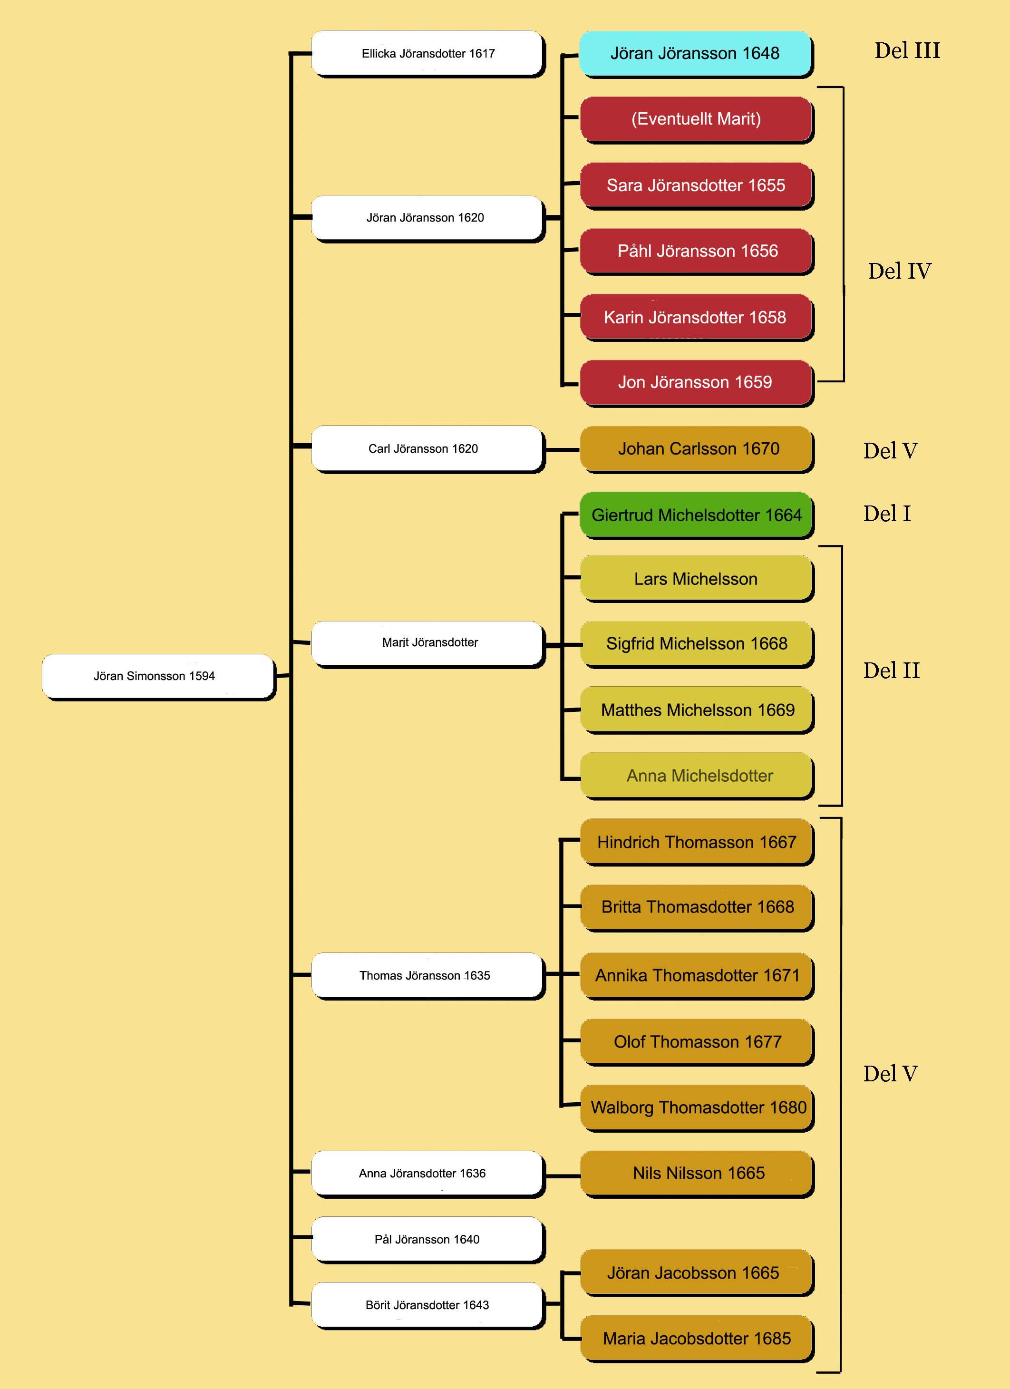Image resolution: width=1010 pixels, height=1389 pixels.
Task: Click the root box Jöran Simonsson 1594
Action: coord(158,676)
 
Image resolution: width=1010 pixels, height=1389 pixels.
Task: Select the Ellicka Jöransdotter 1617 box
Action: coord(427,53)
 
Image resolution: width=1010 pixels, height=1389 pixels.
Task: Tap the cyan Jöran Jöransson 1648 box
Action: coord(696,54)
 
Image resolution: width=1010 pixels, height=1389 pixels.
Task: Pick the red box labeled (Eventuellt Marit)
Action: coord(697,119)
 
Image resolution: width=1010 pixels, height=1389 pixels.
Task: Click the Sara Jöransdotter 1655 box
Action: coord(697,185)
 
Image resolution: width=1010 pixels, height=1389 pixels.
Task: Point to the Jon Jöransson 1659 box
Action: coord(697,383)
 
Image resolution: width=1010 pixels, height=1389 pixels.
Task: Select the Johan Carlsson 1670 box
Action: coord(697,449)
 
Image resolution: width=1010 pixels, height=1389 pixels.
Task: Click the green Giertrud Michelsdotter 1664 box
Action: coord(697,515)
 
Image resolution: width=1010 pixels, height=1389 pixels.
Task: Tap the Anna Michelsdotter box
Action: coord(697,776)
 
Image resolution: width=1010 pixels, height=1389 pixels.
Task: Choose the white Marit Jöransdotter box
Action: coord(427,644)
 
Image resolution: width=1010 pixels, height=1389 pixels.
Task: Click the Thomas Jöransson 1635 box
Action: coord(427,976)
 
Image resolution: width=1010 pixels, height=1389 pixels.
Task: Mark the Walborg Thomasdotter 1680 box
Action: coord(697,1108)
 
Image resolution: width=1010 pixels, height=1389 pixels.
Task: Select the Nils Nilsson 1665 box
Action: coord(697,1174)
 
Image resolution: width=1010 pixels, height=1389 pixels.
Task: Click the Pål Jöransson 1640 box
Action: coord(427,1240)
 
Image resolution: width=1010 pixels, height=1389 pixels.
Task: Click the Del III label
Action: coord(907,51)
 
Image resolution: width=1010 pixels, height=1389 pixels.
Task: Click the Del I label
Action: coord(887,514)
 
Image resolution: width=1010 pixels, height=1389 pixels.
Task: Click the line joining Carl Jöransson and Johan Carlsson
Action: coord(562,449)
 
